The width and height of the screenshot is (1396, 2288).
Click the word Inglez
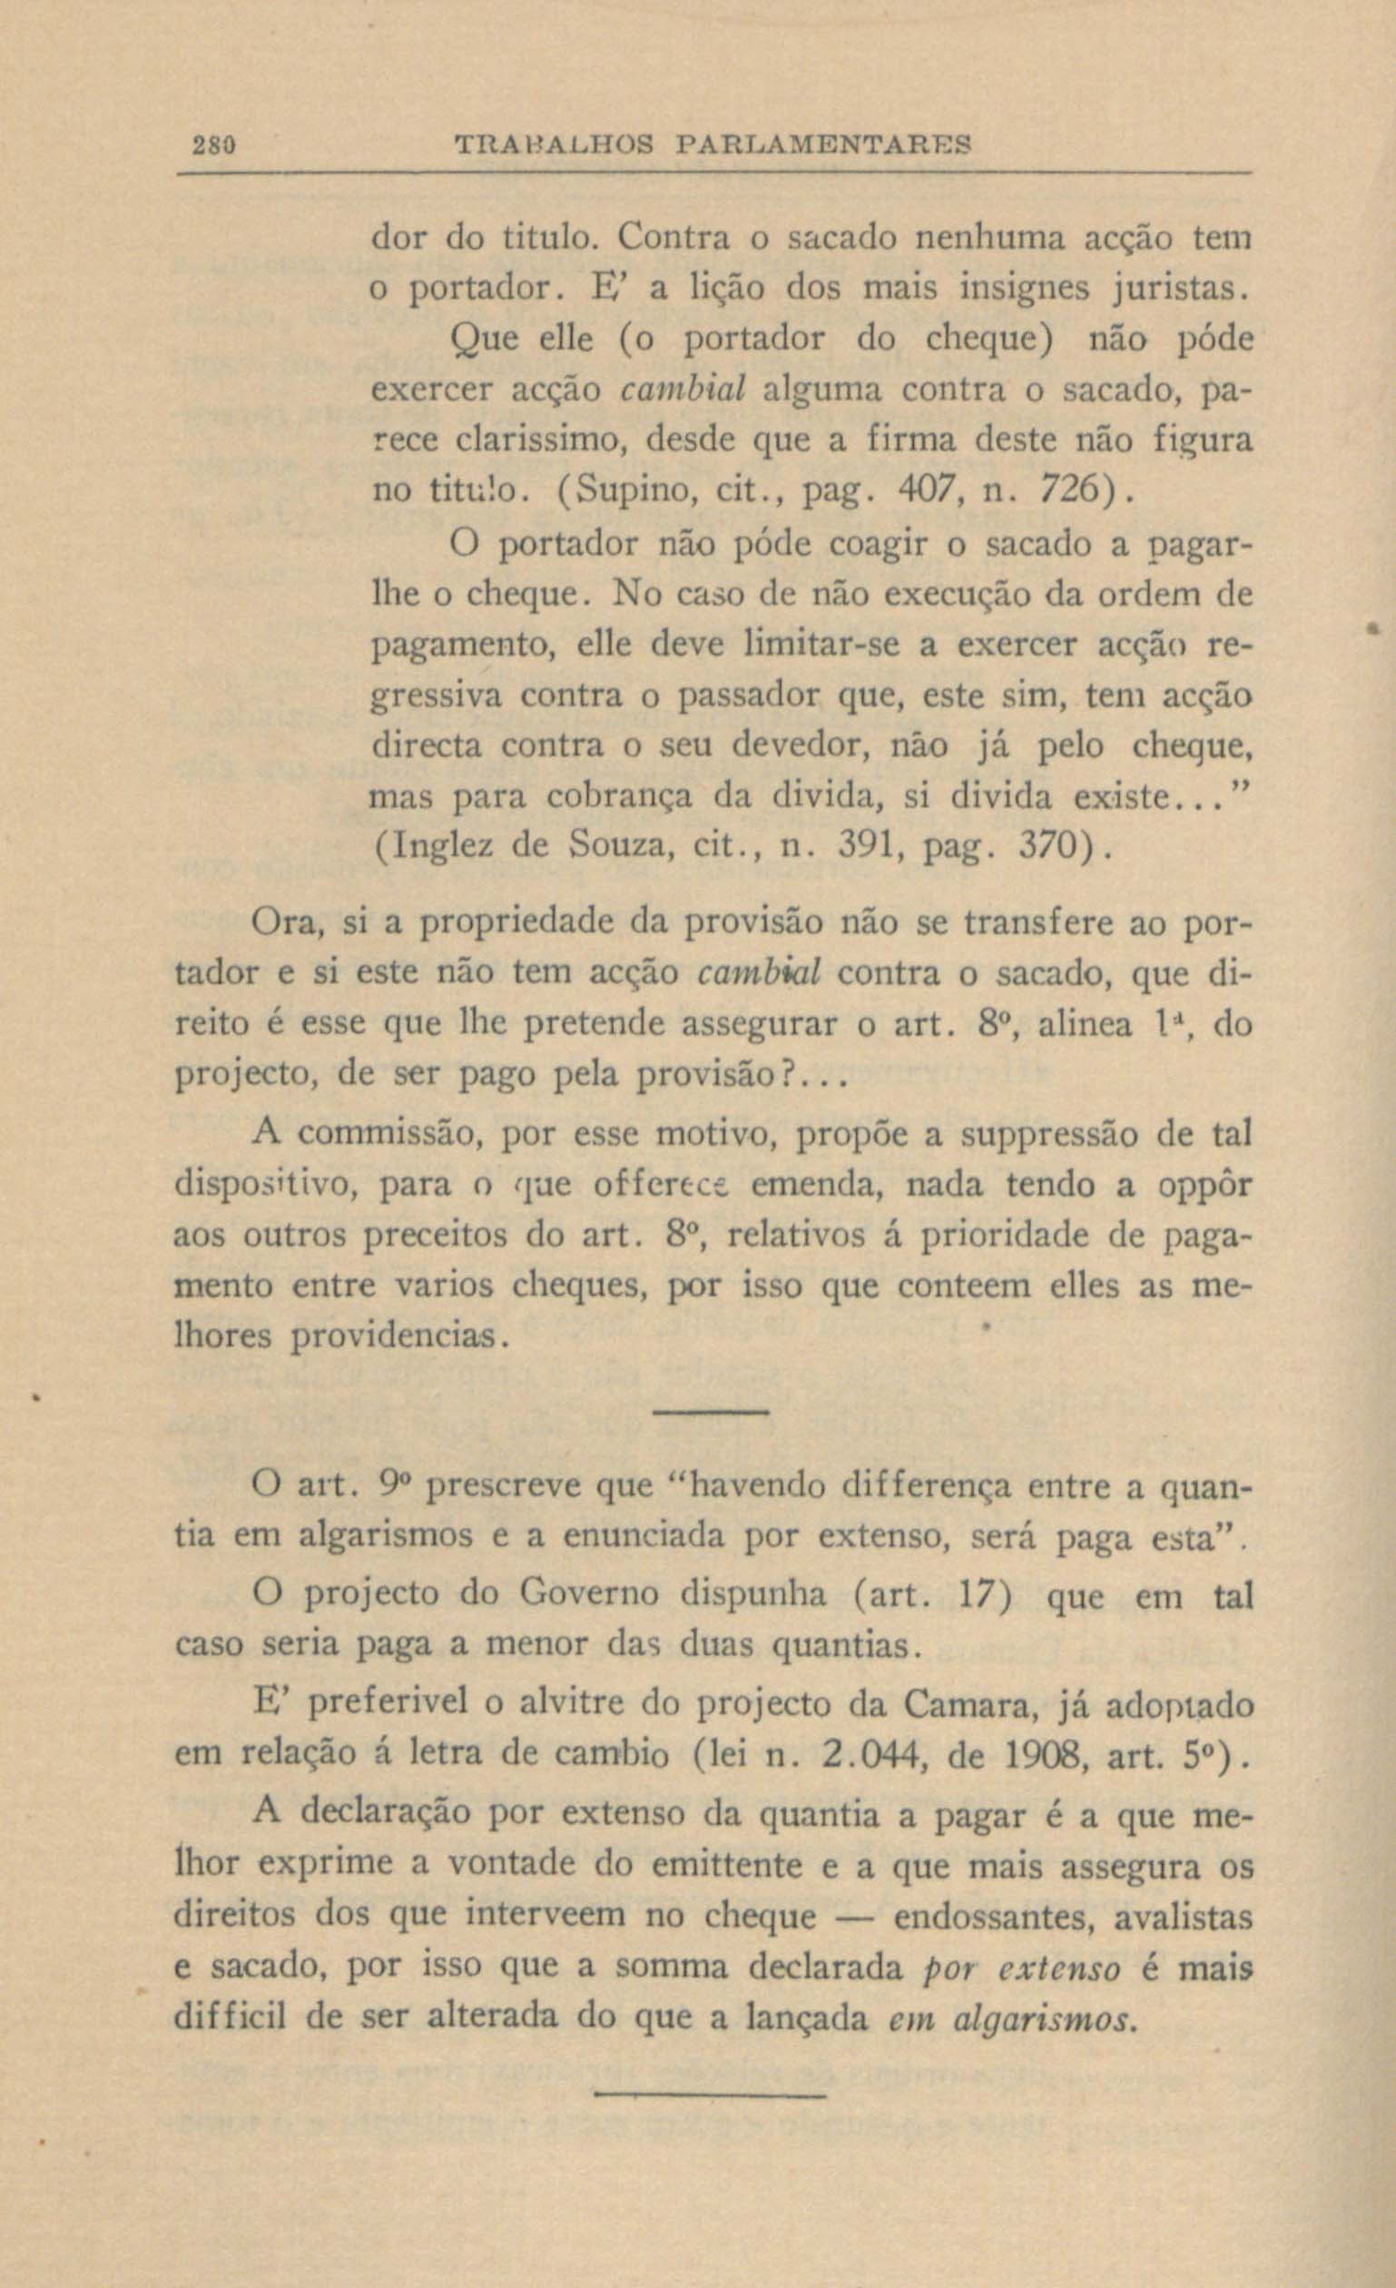click(x=442, y=846)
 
